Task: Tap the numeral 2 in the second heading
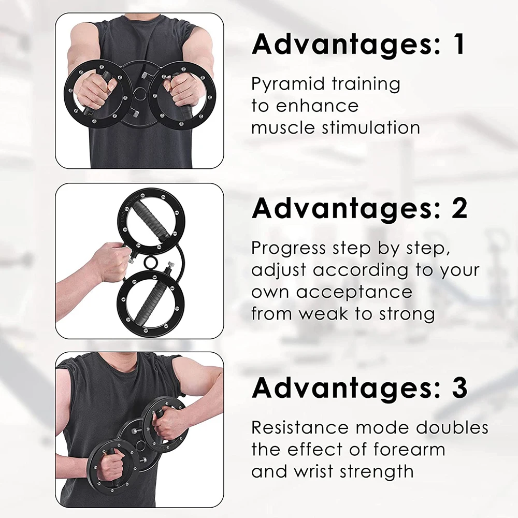(459, 208)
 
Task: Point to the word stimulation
(371, 127)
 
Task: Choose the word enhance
(317, 106)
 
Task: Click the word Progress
(289, 249)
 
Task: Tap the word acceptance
(354, 292)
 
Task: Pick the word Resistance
(300, 427)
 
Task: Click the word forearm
(409, 449)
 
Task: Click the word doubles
(452, 427)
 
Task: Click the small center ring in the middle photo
(151, 263)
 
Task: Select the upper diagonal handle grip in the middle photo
(152, 221)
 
